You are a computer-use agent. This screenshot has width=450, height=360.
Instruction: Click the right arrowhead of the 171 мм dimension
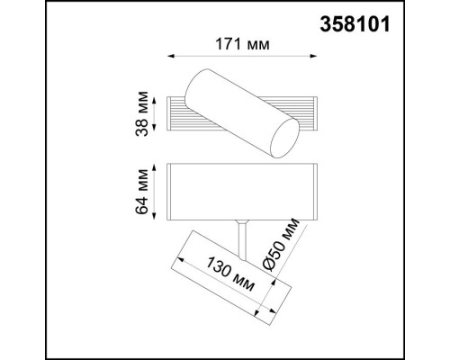point(313,57)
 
